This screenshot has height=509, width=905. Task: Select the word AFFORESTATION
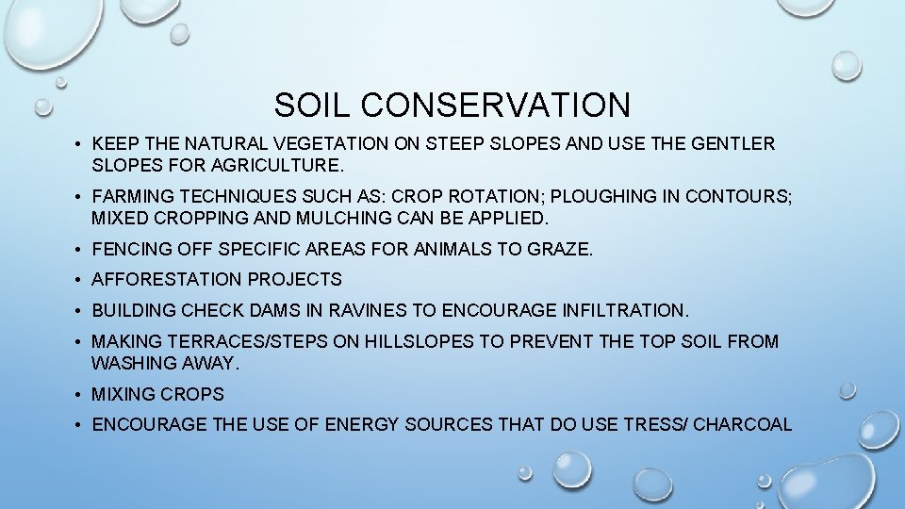(x=166, y=279)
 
